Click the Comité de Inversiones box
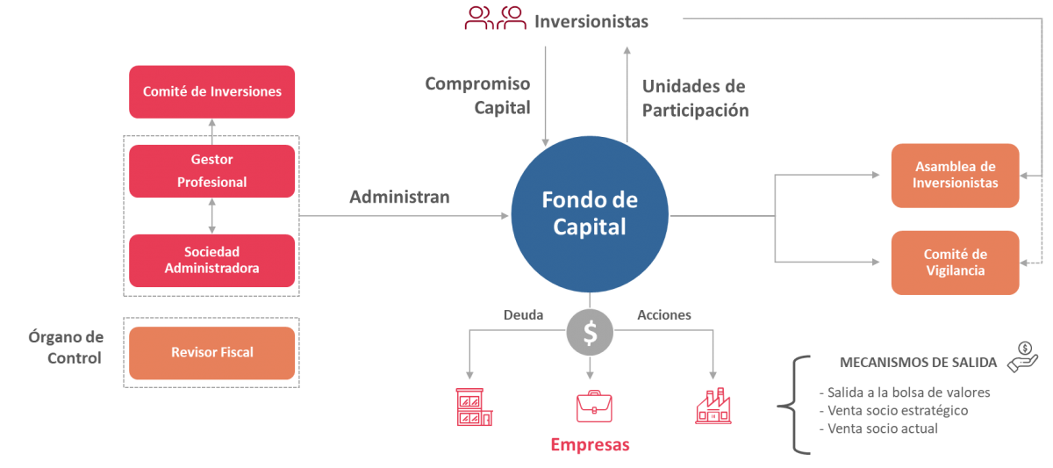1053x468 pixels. (211, 91)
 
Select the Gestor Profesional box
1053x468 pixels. (211, 171)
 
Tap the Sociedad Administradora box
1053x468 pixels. (211, 260)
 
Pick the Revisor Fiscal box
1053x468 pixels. (211, 352)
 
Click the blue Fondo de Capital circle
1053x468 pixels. (589, 213)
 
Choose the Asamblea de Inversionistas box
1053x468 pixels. (955, 176)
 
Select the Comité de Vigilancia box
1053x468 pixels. (955, 263)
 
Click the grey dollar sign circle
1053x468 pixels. (590, 332)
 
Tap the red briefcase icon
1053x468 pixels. (594, 406)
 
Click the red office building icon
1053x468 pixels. (474, 407)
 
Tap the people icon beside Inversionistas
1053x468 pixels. (495, 18)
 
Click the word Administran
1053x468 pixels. (399, 198)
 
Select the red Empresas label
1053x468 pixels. (590, 445)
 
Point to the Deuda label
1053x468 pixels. (523, 314)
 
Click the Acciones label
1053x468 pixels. (663, 314)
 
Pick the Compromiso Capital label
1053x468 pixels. (477, 96)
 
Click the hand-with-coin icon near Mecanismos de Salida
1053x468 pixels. (1023, 356)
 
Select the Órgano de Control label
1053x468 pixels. (75, 348)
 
